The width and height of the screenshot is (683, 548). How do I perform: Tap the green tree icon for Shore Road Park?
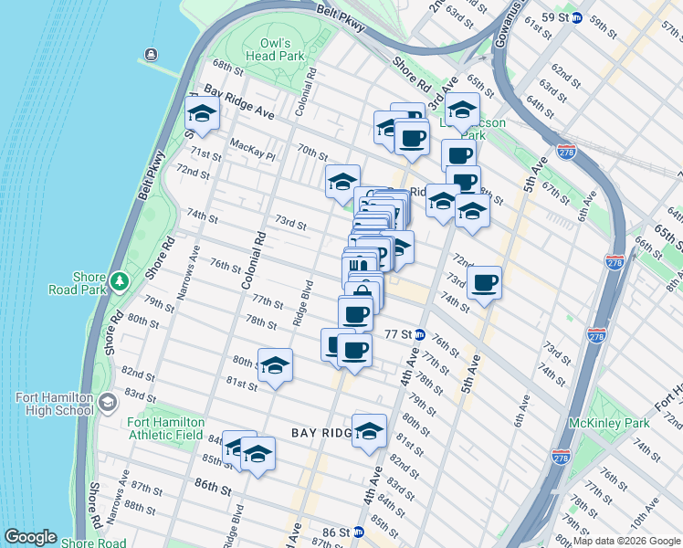point(120,279)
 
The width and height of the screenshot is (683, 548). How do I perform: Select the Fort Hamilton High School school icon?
point(108,403)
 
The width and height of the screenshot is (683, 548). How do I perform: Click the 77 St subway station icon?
point(420,334)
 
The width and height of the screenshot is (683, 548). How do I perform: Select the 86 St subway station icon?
point(359,531)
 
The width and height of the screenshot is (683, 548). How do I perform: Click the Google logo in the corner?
point(31,537)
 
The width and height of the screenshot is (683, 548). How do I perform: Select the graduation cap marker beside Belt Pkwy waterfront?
point(202,115)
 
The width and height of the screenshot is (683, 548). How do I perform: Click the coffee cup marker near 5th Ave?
point(484,282)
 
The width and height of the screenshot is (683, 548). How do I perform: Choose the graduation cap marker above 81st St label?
point(275,365)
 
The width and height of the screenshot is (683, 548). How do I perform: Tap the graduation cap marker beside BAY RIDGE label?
point(369,431)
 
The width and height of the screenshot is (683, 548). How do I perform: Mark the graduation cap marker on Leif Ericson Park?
point(462,111)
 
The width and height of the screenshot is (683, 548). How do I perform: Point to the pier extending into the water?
point(160,65)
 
